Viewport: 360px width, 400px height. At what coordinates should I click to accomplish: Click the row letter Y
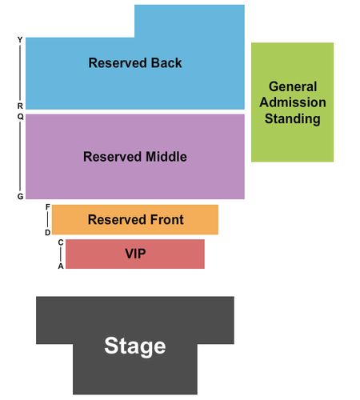coord(20,40)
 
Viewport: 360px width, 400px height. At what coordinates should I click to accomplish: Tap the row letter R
coord(20,106)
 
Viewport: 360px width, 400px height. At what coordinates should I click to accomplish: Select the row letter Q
coord(21,117)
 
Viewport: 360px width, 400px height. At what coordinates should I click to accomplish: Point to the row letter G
coord(21,196)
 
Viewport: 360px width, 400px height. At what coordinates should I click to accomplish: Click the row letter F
coord(48,207)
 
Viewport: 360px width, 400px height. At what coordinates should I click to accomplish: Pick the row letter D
coord(48,233)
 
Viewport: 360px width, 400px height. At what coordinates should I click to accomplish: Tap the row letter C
coord(61,242)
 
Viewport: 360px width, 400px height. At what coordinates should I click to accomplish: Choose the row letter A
coord(61,266)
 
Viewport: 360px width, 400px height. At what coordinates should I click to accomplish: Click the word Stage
coord(135,346)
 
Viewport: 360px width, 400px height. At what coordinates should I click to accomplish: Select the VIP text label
coord(135,254)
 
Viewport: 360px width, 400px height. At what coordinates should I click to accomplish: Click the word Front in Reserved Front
coord(167,220)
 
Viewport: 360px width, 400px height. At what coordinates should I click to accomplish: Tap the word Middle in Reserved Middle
coord(166,157)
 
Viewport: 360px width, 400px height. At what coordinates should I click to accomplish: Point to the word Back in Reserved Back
coord(166,63)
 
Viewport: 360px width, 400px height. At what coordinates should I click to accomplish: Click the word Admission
coord(293,102)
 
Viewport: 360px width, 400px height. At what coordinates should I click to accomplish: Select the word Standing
coord(293,118)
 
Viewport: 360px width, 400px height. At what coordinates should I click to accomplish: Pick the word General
coord(293,86)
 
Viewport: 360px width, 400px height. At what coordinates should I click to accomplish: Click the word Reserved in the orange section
coord(118,220)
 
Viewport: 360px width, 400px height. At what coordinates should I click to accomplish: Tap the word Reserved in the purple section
coord(113,157)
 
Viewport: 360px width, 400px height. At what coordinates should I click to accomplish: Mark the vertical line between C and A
coord(61,254)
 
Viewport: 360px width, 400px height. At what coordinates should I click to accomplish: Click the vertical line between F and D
coord(48,220)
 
